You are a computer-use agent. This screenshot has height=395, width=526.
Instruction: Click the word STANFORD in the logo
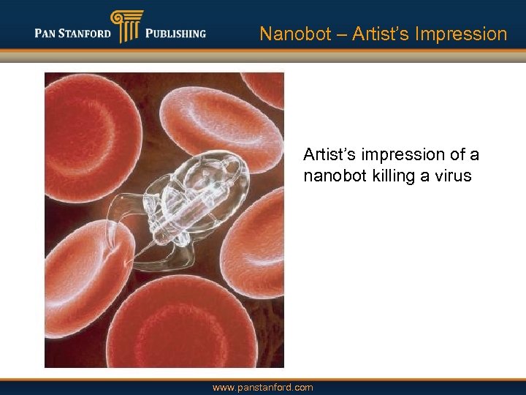click(x=85, y=33)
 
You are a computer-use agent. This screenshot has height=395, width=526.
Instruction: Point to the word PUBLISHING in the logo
click(x=175, y=33)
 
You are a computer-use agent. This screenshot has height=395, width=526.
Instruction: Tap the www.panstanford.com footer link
click(x=262, y=387)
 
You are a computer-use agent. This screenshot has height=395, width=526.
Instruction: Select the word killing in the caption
click(x=394, y=176)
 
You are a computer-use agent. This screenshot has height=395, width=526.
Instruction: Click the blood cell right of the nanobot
click(x=256, y=234)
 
